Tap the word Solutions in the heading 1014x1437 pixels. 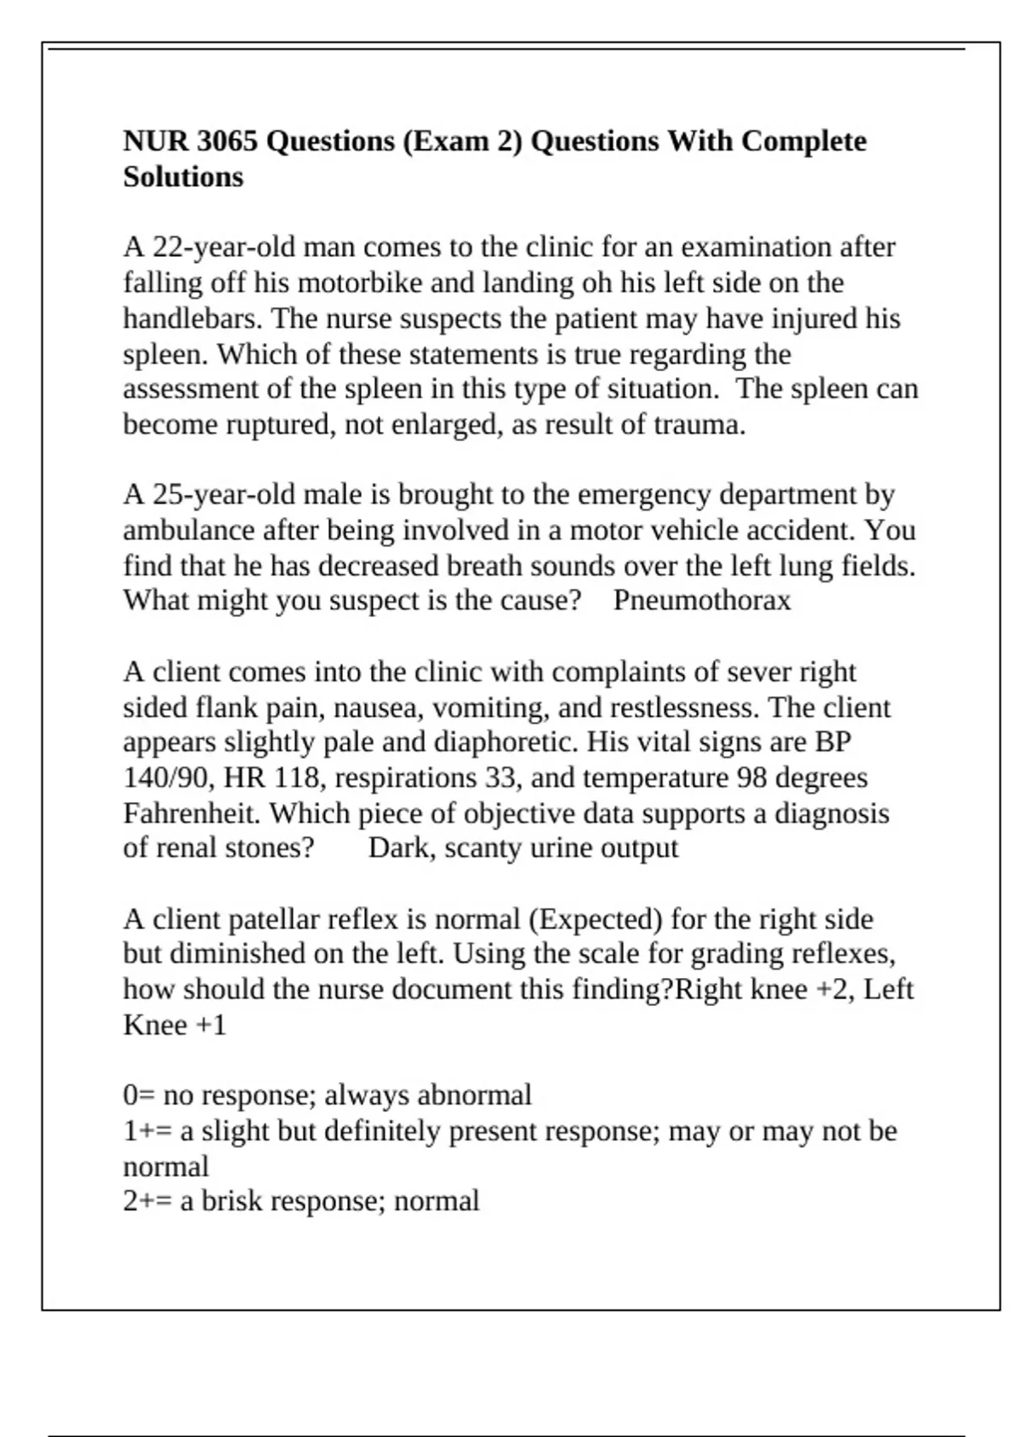pyautogui.click(x=183, y=177)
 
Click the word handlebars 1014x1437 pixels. pyautogui.click(x=193, y=318)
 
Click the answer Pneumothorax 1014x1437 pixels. pyautogui.click(x=701, y=600)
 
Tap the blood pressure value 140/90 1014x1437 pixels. pyautogui.click(x=169, y=778)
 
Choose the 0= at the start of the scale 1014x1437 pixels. pyautogui.click(x=139, y=1096)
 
